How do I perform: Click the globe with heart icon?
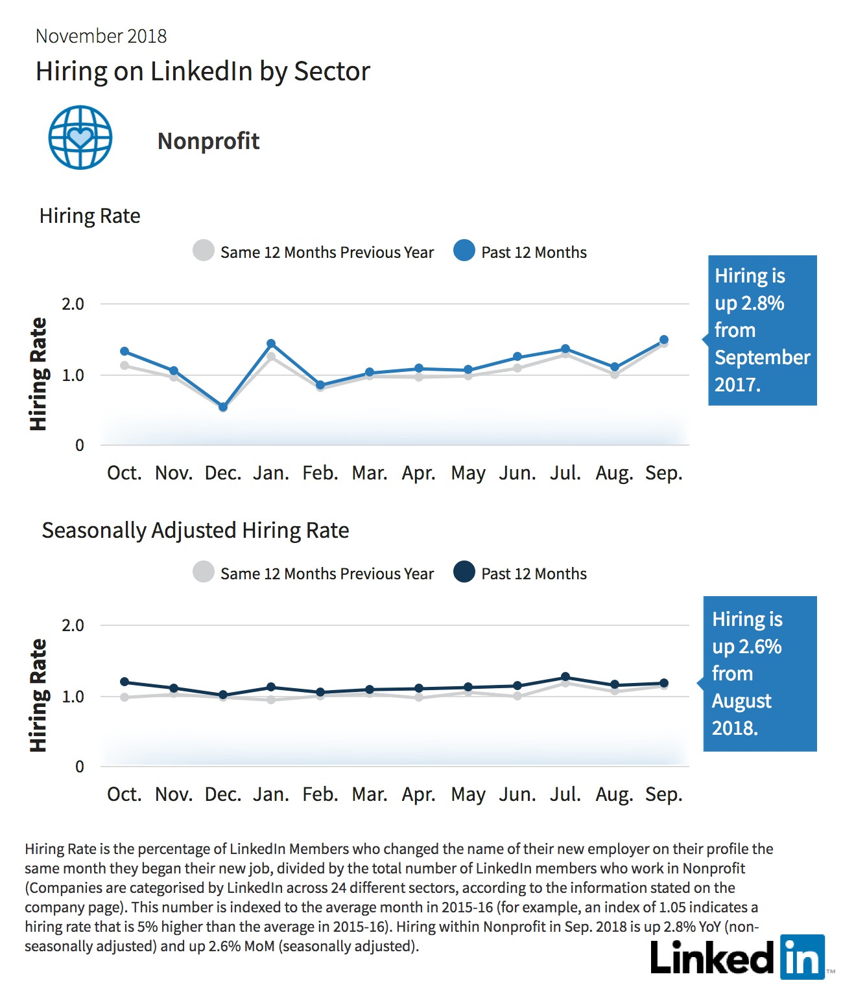coord(80,137)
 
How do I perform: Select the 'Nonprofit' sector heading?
coord(208,141)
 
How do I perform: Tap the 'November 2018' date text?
coord(101,36)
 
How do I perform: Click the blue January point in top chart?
coord(271,343)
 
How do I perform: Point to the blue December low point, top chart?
coord(223,407)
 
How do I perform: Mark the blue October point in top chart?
coord(125,352)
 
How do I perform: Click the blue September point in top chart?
coord(663,340)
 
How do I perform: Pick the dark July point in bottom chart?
coord(566,676)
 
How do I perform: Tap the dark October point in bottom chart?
coord(125,682)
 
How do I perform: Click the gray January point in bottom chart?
coord(271,700)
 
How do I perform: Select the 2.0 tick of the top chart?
coord(73,304)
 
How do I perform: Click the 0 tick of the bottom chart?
coord(79,767)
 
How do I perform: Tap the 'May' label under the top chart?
coord(468,474)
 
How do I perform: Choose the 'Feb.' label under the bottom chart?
coord(320,794)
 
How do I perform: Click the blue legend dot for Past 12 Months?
coord(464,251)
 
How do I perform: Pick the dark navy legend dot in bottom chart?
coord(464,572)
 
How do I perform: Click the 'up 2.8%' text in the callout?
coord(749,303)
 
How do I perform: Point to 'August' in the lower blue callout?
coord(741,701)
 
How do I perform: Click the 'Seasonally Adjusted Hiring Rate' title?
coord(195,531)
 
